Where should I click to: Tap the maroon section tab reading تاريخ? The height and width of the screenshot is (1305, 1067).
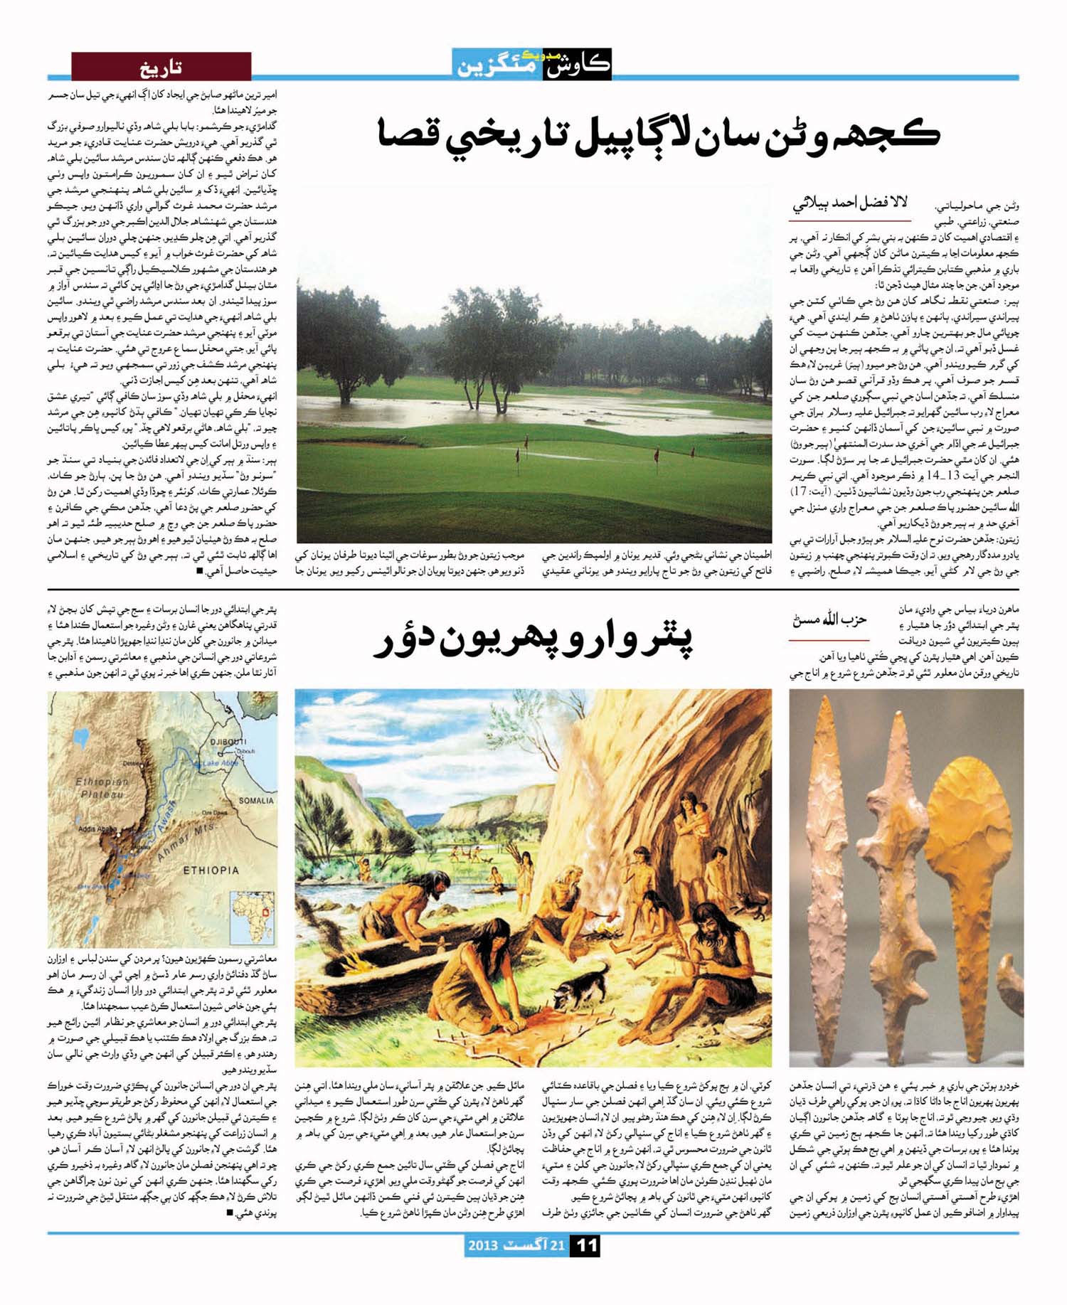coord(161,68)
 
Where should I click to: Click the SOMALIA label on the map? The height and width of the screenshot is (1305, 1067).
coord(255,801)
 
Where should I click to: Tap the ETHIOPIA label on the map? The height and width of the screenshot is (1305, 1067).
coord(211,870)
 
